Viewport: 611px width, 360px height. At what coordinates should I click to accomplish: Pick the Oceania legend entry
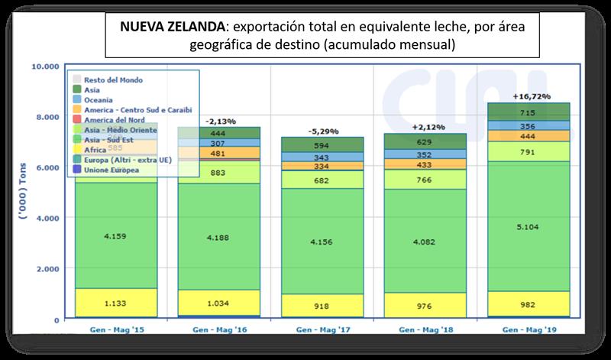(100, 100)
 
